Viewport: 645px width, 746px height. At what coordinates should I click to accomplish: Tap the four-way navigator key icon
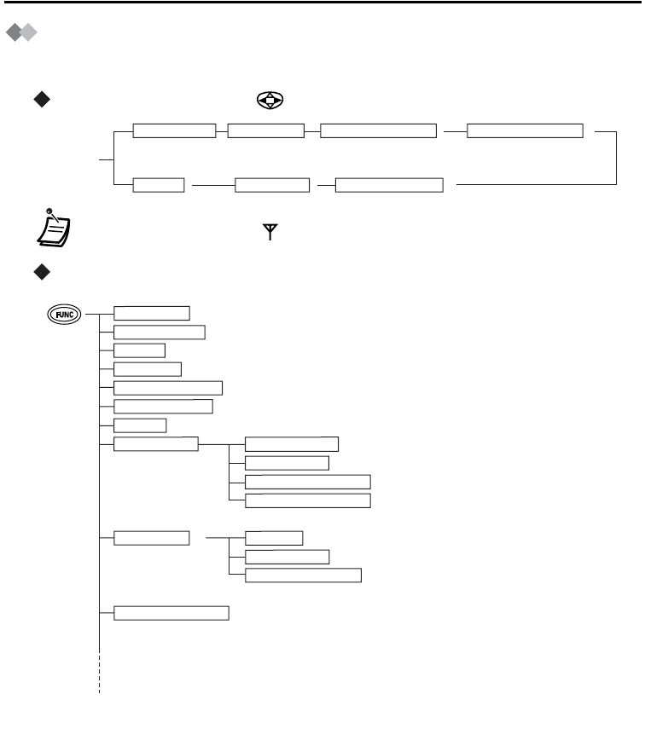tap(270, 101)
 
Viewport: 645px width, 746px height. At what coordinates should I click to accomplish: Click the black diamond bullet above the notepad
tap(39, 101)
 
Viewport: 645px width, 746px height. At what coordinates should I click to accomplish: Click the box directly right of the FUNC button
tap(152, 313)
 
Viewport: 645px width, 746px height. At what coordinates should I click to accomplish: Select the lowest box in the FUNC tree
tap(171, 612)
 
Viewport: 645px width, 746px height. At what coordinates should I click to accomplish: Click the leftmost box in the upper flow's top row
tap(175, 130)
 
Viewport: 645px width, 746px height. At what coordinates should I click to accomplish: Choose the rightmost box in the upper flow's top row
tap(526, 130)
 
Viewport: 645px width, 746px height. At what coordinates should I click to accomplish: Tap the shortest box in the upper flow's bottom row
tap(160, 185)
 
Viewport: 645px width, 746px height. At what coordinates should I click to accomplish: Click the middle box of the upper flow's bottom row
tap(272, 185)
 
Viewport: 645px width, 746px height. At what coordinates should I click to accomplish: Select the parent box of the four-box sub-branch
tap(156, 443)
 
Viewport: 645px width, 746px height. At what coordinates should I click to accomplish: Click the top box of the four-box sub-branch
tap(292, 443)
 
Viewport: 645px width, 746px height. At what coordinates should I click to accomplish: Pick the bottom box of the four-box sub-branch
tap(308, 500)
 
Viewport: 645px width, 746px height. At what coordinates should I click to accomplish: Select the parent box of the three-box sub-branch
tap(152, 538)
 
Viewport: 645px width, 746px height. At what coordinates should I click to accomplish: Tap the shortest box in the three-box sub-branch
tap(274, 538)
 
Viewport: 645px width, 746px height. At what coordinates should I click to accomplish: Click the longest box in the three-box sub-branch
tap(303, 575)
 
